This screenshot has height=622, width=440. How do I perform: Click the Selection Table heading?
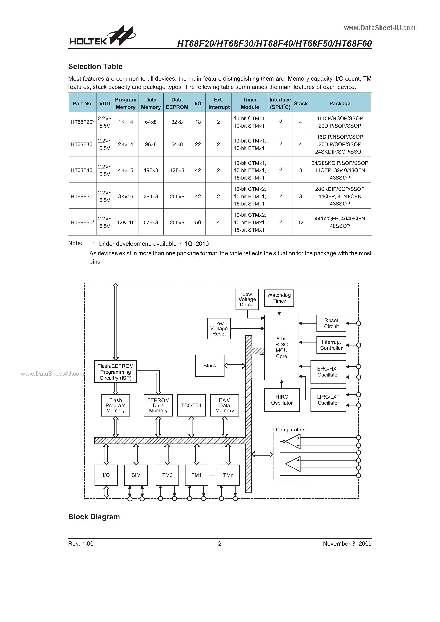[x=95, y=66]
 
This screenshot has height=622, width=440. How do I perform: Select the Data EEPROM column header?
[x=177, y=103]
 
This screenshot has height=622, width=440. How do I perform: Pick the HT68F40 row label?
[x=81, y=170]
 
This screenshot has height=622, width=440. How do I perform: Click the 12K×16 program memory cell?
[x=126, y=223]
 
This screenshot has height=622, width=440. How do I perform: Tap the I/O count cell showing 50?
[x=198, y=223]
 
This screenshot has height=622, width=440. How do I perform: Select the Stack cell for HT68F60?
[x=301, y=223]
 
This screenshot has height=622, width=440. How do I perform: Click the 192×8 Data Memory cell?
[x=151, y=170]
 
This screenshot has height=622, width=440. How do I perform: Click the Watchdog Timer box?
[x=279, y=298]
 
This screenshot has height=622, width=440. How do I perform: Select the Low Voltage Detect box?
[x=247, y=299]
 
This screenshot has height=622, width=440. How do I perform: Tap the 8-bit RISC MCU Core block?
[x=281, y=347]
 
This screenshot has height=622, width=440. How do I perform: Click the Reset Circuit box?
[x=331, y=323]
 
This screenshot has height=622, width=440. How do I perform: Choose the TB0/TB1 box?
[x=191, y=405]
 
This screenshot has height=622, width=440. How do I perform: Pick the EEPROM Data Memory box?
[x=158, y=405]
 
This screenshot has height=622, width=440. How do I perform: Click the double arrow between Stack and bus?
[x=235, y=366]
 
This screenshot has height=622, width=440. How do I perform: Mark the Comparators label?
[x=290, y=430]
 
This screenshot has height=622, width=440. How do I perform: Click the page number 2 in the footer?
[x=220, y=544]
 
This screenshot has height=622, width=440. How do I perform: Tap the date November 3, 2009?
[x=347, y=544]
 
